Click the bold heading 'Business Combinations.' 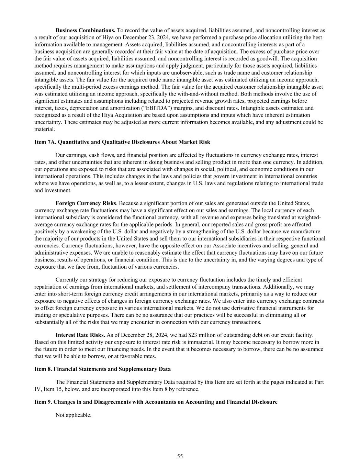86,30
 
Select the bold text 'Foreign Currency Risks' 86,203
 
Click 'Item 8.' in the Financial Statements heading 44,369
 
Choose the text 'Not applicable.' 74,415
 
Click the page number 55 180,456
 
